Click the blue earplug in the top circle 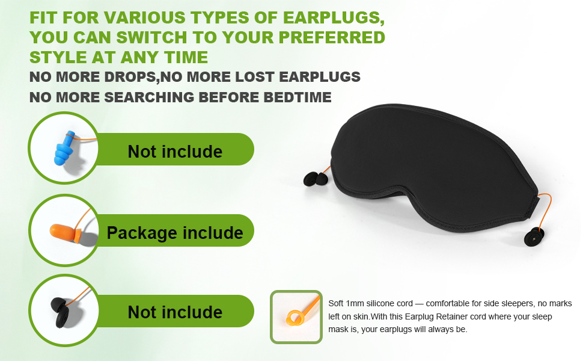64,148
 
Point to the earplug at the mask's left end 316,179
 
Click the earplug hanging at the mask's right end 534,237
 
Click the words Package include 175,233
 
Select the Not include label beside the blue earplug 175,152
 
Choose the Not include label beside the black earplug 175,312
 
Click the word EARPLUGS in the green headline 334,18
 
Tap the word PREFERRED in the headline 332,37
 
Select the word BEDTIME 298,97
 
